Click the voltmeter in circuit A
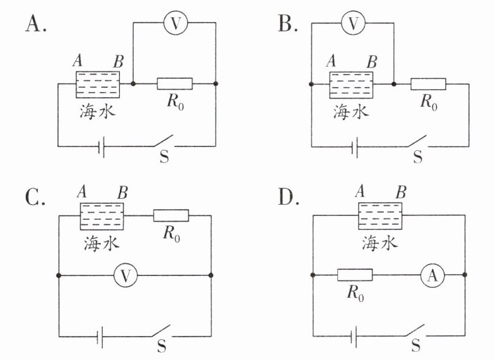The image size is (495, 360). pos(176,23)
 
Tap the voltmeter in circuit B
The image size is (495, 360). pos(354,23)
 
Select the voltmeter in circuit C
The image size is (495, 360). pos(126,275)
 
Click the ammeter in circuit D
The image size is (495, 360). pos(433,275)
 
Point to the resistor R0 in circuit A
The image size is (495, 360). pos(174,83)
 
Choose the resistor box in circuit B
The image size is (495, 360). pos(428,84)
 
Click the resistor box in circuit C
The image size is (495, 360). pos(171,215)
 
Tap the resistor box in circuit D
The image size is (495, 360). pos(355,275)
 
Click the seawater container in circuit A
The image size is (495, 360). pos(98,85)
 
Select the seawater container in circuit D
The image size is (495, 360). pos(380,216)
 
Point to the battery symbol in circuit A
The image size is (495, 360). pos(101,147)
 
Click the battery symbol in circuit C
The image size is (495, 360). pos(100,337)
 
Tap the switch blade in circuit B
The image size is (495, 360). pos(417,141)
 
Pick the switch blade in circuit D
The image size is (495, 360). pos(415,330)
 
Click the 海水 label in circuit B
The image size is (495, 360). pos(351,111)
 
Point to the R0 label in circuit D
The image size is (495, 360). pos(355,293)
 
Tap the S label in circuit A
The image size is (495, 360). pos(164,157)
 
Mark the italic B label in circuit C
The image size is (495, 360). pos(122,192)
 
